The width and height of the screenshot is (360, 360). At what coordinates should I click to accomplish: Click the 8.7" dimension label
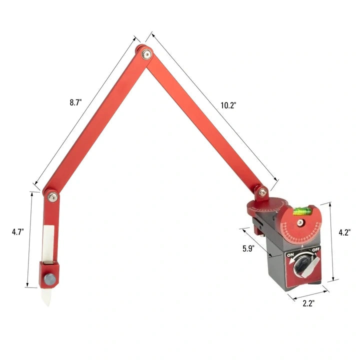76,102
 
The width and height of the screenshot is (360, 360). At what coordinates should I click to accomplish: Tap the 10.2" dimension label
228,105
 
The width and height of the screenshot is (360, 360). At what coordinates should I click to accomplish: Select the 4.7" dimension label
18,232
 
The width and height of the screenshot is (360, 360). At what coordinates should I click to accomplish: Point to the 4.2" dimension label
344,232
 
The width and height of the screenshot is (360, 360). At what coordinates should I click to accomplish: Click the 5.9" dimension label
248,248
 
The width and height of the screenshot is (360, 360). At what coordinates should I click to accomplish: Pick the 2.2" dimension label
308,303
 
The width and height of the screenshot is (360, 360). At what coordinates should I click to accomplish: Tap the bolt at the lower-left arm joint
52,197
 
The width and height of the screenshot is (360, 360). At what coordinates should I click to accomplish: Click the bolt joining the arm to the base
262,192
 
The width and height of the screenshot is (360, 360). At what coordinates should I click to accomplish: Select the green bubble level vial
300,211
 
